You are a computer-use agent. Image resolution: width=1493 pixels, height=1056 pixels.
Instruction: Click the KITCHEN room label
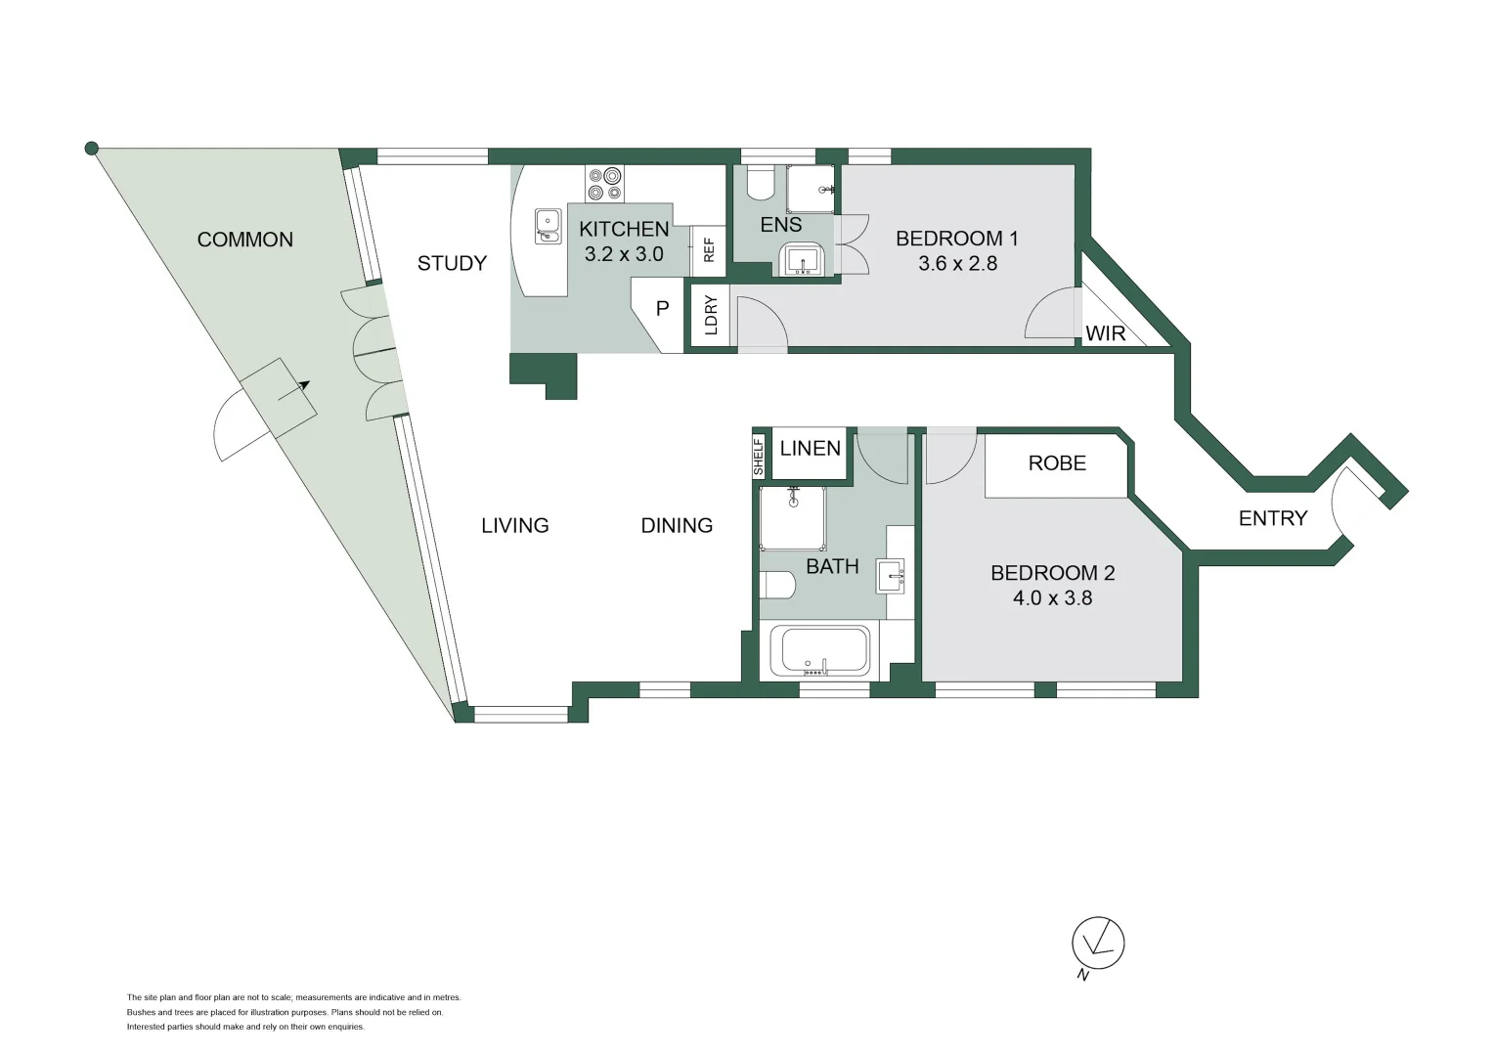pos(624,229)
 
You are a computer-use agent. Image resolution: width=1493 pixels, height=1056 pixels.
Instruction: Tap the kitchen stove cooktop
pos(604,184)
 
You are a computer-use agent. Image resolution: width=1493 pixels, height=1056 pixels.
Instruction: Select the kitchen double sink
pos(548,226)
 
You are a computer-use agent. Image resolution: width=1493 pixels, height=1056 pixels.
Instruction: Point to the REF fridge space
pos(709,250)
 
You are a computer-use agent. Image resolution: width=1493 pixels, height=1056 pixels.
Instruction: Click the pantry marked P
pos(662,309)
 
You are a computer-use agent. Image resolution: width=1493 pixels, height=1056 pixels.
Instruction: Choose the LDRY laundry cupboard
pos(711,315)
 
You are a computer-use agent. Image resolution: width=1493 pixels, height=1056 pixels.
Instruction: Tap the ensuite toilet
pos(760,183)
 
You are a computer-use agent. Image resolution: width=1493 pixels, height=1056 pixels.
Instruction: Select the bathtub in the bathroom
pos(819,651)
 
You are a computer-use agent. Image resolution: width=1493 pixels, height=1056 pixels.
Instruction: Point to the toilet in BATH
pos(777,585)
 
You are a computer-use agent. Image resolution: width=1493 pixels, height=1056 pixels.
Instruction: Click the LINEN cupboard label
pos(810,449)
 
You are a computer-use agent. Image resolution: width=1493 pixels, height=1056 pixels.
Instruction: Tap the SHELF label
pos(759,457)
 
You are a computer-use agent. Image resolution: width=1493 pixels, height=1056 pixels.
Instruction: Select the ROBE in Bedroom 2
pos(1057,463)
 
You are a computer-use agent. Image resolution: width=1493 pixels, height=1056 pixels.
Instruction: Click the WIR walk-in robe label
pos(1105,333)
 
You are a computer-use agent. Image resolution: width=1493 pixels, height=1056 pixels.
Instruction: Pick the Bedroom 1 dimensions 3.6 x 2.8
pos(957,263)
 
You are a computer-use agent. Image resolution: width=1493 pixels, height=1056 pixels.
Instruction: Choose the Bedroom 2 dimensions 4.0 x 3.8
pos(1052,597)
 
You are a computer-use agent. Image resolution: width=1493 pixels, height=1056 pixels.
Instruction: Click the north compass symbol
pos(1097,945)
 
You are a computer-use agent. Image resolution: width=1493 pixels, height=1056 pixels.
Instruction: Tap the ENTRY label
pos(1272,518)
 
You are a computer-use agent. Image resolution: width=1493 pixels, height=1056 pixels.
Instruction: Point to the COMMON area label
pos(244,240)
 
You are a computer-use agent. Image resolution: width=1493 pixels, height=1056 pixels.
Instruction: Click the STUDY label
pos(452,263)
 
